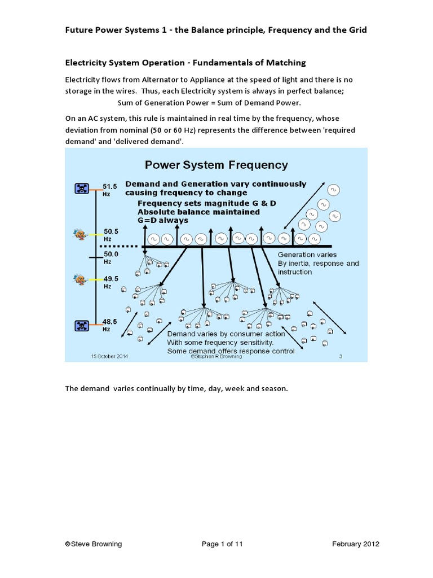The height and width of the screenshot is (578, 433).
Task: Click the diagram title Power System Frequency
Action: [x=216, y=165]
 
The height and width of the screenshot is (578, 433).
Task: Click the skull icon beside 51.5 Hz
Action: [x=82, y=189]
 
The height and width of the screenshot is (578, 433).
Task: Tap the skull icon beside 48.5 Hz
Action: [x=82, y=325]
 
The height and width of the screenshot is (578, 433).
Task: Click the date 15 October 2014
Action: [x=111, y=356]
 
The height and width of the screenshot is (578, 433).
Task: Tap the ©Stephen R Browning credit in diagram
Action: [x=216, y=357]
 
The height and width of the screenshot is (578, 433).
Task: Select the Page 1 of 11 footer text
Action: [x=222, y=544]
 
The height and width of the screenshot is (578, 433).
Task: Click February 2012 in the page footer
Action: [x=355, y=544]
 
